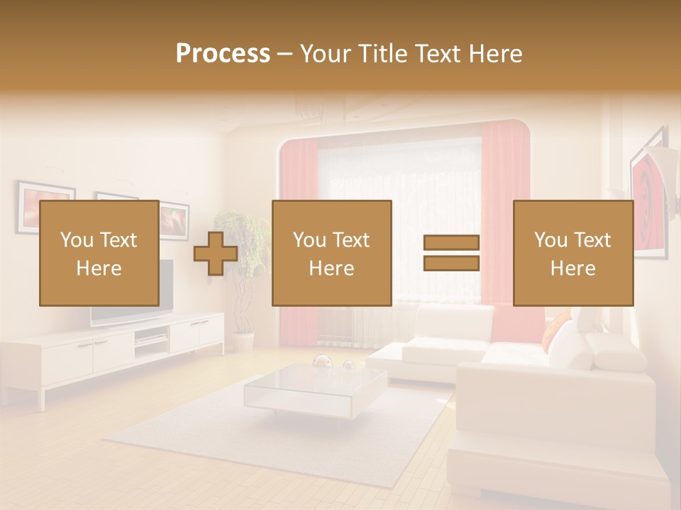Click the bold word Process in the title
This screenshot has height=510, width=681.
pyautogui.click(x=223, y=54)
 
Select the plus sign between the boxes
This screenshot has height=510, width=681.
pyautogui.click(x=216, y=254)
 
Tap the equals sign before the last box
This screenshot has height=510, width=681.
pyautogui.click(x=451, y=253)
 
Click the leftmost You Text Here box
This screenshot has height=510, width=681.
pyautogui.click(x=99, y=253)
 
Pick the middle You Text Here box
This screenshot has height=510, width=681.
pyautogui.click(x=331, y=253)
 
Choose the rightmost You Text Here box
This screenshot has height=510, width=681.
pyautogui.click(x=572, y=253)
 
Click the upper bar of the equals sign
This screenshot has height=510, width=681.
pyautogui.click(x=451, y=243)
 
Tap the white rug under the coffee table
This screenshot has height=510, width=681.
pyautogui.click(x=213, y=432)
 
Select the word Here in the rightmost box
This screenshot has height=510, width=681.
pyautogui.click(x=572, y=268)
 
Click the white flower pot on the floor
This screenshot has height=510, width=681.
pyautogui.click(x=243, y=342)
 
